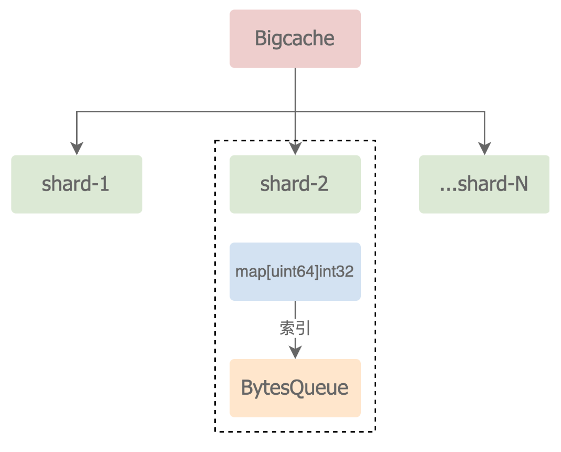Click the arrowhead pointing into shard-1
tap(77, 149)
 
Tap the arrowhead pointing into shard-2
tap(295, 149)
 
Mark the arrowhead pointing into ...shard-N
tap(484, 149)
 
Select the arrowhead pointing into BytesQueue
tap(295, 352)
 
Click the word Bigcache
tap(295, 39)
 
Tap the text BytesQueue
tap(295, 388)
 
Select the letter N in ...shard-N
tap(521, 184)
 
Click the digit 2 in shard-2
tap(323, 184)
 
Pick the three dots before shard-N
tap(448, 188)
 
